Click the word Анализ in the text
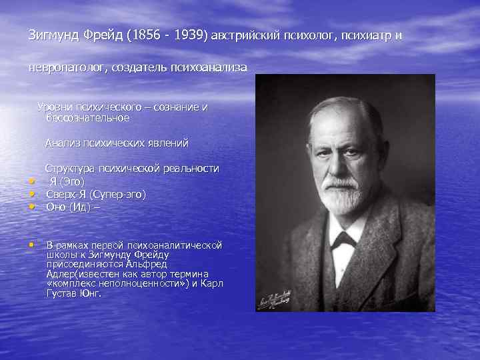[x=61, y=143]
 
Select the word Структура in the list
[x=69, y=169]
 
